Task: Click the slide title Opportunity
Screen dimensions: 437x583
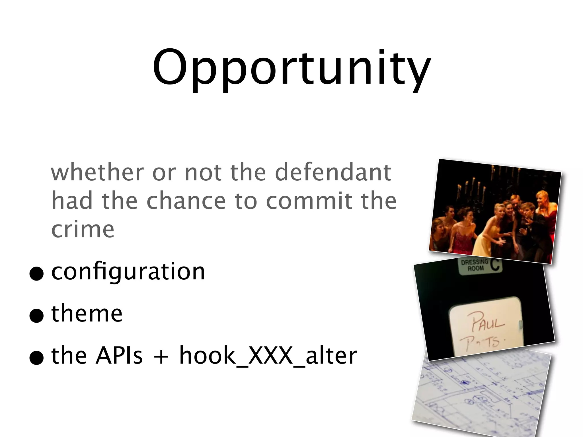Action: pyautogui.click(x=291, y=68)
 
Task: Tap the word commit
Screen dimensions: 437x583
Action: pyautogui.click(x=310, y=201)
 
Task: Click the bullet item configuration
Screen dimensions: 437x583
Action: pyautogui.click(x=128, y=272)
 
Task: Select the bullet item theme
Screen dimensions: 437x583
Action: pyautogui.click(x=87, y=314)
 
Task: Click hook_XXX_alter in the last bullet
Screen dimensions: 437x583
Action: pyautogui.click(x=268, y=356)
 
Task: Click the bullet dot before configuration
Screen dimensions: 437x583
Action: pyautogui.click(x=36, y=274)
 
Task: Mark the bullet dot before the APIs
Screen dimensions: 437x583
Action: pyautogui.click(x=36, y=358)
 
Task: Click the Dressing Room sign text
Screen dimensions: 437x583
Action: pyautogui.click(x=475, y=265)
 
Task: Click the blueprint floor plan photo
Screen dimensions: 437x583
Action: pyautogui.click(x=481, y=395)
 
